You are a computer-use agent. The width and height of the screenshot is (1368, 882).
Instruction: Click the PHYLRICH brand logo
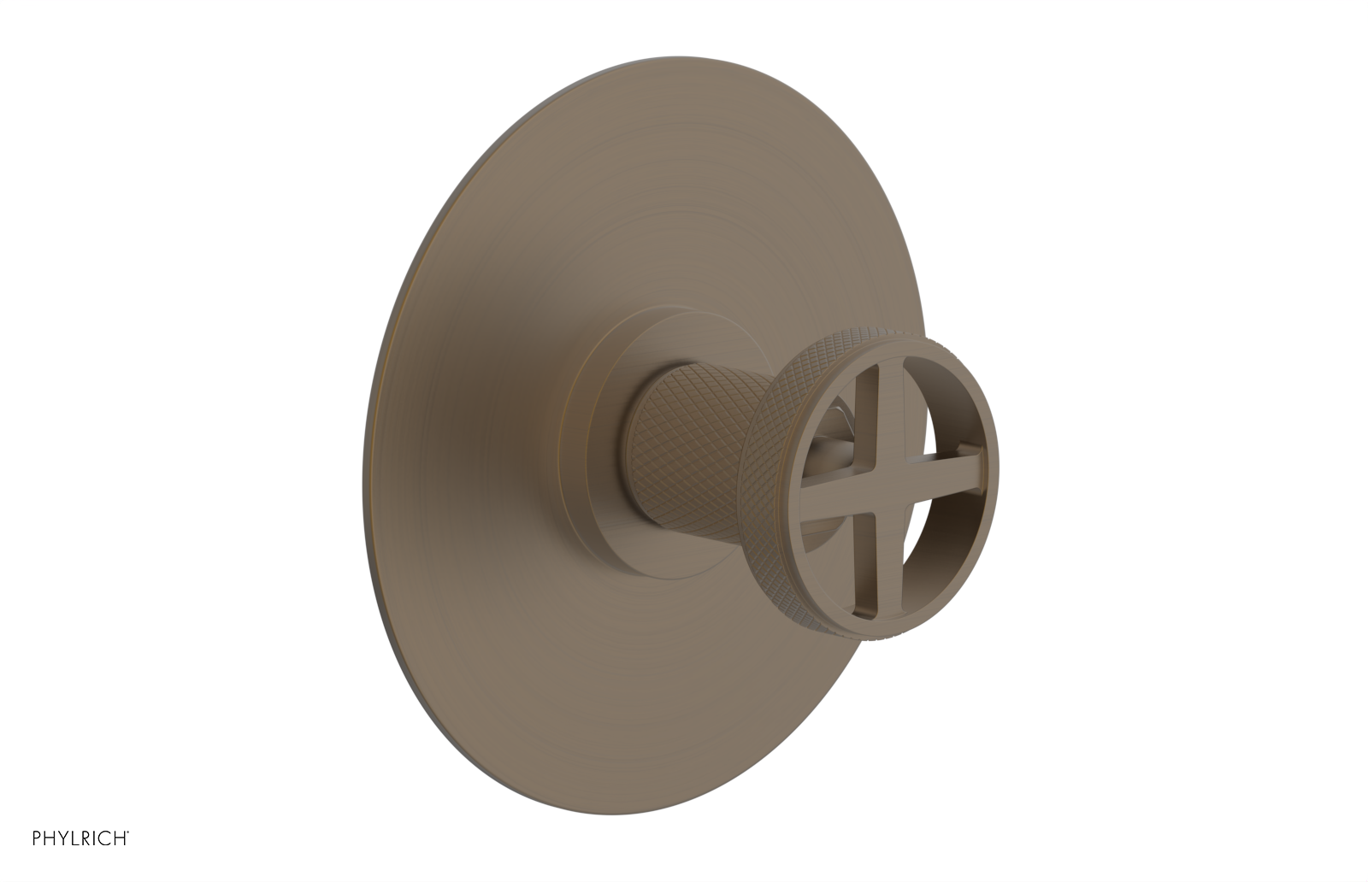tap(80, 839)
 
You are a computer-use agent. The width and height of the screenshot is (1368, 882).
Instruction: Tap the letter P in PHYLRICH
tap(37, 839)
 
